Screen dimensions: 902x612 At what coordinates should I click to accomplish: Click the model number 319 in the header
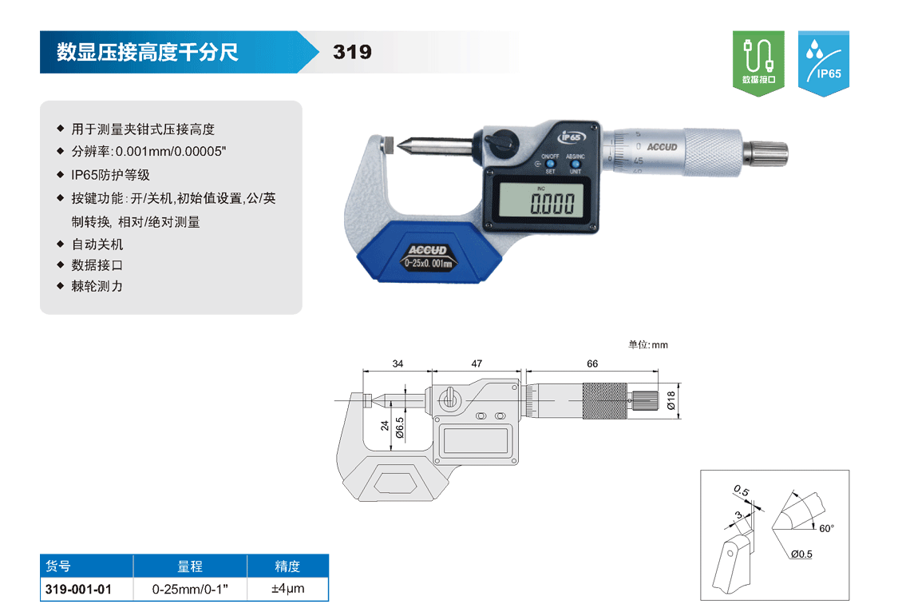352,52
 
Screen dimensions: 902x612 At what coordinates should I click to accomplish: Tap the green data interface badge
758,63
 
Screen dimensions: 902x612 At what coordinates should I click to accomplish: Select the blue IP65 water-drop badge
824,63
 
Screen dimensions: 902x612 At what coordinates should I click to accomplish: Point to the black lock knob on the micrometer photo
500,142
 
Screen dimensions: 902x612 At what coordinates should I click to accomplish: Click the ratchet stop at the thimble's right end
766,153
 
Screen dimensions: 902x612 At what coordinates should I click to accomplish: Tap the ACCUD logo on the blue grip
427,250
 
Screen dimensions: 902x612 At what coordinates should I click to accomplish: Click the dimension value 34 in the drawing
398,364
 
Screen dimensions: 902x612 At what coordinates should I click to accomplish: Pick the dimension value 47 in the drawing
477,364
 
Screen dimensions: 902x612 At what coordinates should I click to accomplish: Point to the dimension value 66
592,364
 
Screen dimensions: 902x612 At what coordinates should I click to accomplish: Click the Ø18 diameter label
671,400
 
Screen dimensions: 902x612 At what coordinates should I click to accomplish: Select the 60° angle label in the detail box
827,529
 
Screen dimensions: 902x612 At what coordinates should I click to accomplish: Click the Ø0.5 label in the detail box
801,554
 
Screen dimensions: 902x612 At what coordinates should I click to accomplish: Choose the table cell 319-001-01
78,589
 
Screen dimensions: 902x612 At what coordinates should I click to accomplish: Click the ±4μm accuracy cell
287,588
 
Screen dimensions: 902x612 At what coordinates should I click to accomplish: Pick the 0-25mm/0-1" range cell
190,589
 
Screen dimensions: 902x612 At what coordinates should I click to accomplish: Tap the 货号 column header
57,566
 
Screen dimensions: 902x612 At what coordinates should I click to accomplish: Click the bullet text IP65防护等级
110,175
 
